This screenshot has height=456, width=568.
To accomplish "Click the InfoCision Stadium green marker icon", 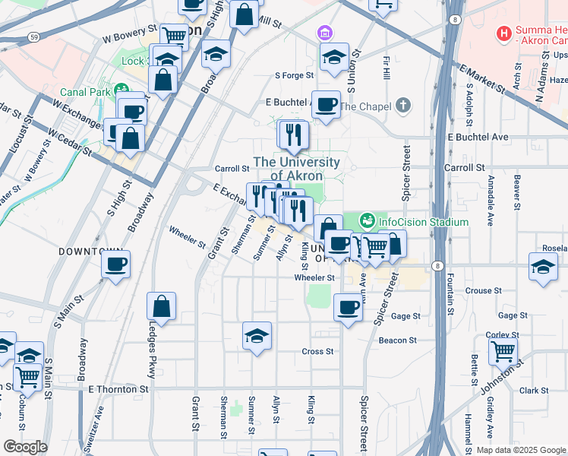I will click(368, 221).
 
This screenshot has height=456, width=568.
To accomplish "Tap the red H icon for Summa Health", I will click(502, 33).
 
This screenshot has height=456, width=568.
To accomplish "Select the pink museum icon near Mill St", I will click(324, 33).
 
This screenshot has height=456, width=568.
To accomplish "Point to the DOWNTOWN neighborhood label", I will click(90, 251).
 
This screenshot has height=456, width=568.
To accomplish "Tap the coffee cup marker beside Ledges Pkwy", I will click(115, 264).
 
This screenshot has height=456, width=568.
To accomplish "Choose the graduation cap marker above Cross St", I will click(257, 335).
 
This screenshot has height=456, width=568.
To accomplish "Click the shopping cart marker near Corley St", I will click(503, 350).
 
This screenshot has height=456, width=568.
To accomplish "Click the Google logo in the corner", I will click(25, 446).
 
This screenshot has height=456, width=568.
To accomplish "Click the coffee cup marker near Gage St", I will click(348, 307).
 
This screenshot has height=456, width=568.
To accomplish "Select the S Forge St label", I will click(294, 75).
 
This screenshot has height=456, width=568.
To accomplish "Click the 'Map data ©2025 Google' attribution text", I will click(521, 450).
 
